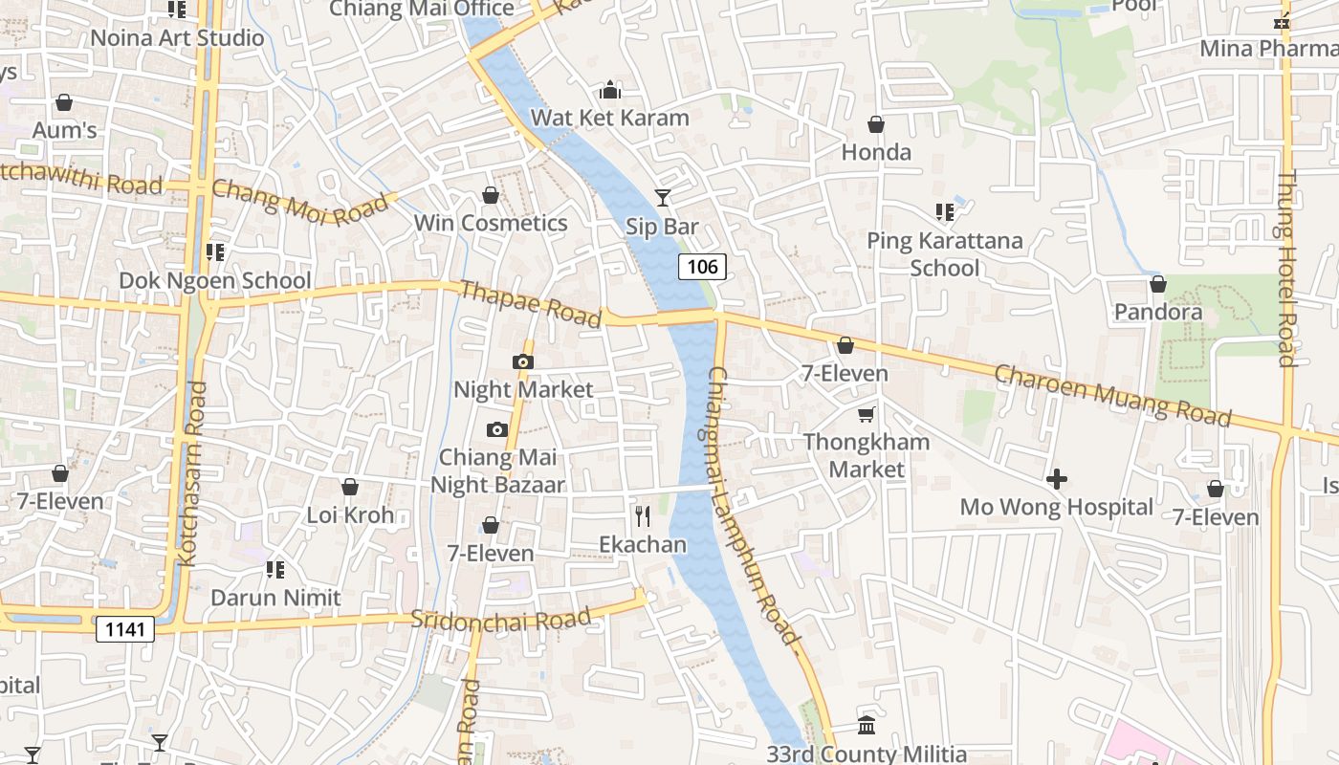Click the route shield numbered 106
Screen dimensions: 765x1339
coord(702,267)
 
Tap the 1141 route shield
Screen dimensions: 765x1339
coord(124,628)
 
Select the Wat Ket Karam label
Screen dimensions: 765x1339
coord(609,118)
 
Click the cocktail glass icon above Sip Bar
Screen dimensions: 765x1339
coord(662,198)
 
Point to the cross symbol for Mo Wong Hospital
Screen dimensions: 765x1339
coord(1057,478)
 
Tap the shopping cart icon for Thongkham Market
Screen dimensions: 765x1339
coord(866,414)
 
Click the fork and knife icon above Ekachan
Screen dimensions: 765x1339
coord(643,516)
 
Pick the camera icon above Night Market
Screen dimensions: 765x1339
coord(522,361)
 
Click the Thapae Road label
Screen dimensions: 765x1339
coord(531,303)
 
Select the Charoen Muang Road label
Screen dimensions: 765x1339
coord(1112,394)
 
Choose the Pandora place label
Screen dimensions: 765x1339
coord(1158,312)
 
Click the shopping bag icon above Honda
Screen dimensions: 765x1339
coord(876,124)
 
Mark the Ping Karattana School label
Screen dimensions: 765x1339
coord(945,253)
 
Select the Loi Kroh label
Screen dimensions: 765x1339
coord(350,514)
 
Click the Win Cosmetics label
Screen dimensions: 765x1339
coord(491,223)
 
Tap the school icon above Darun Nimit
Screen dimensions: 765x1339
coord(275,570)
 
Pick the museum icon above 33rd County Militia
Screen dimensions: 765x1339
coord(867,725)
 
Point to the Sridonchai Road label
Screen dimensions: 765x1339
coord(501,619)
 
